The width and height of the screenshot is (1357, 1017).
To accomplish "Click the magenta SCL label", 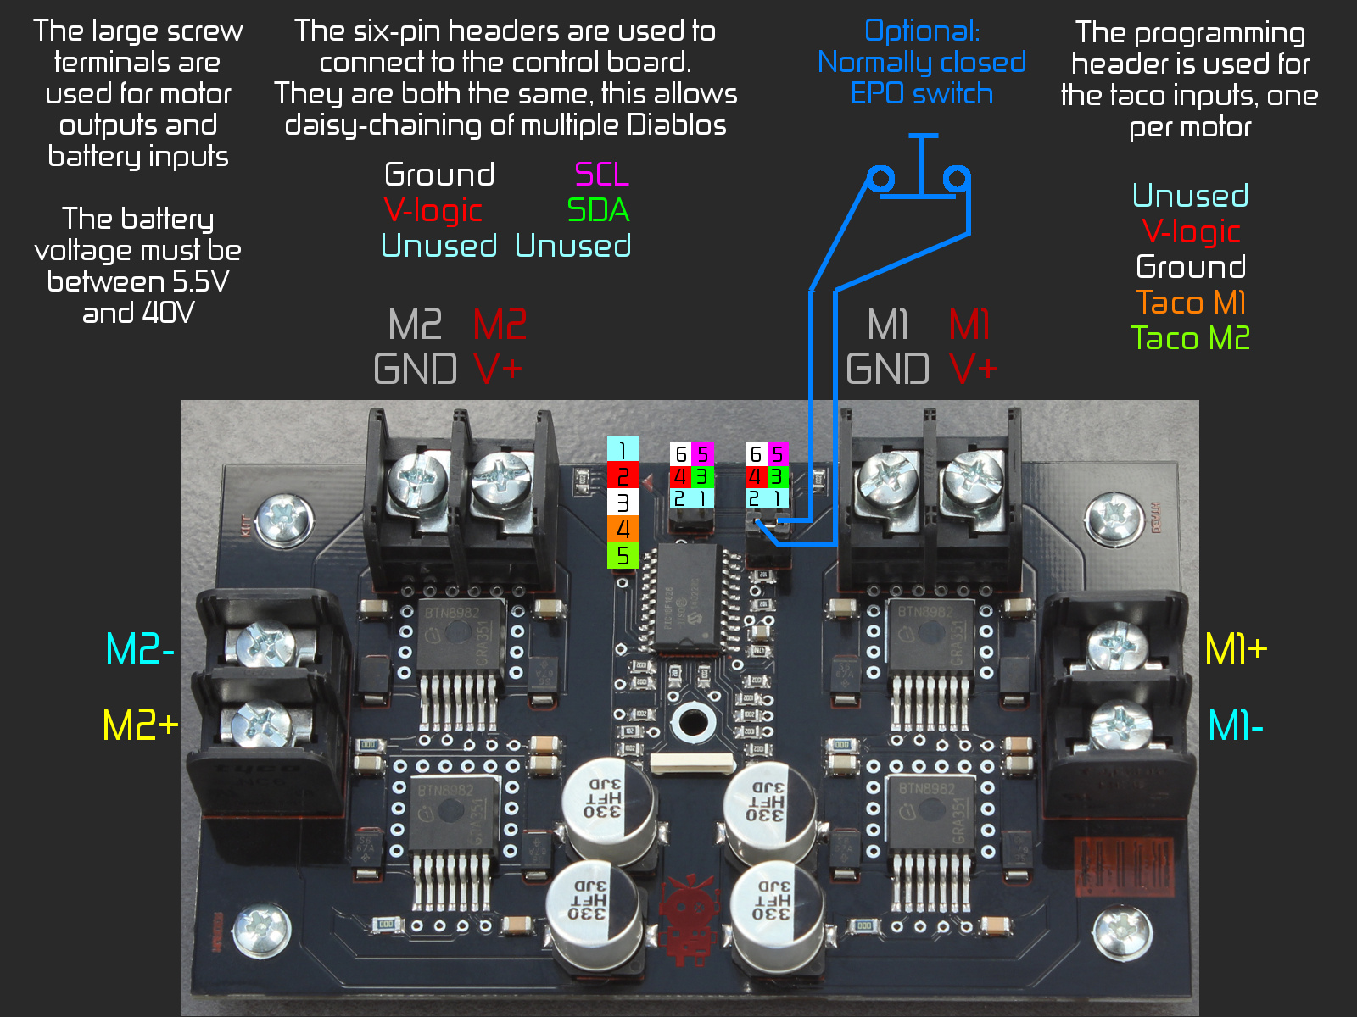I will coord(601,175).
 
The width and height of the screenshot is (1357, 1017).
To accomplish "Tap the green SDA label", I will coord(598,210).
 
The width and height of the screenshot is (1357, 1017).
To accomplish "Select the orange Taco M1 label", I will coord(1190,303).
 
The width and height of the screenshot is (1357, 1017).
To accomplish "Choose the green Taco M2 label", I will coord(1190,338).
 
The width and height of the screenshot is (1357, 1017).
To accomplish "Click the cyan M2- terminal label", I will coord(140,649).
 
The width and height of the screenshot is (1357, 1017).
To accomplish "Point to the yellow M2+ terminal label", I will coord(140,725).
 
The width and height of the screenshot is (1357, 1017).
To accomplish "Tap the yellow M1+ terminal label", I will coord(1236,649).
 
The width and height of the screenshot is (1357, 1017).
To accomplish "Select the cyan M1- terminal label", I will coord(1236,725).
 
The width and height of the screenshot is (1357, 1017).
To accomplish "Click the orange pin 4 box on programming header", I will coord(623,530).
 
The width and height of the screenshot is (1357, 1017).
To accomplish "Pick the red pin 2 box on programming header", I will coord(623,476).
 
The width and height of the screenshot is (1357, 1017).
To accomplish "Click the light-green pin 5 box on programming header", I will coord(623,556).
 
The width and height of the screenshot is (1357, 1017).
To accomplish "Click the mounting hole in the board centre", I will coord(692,723).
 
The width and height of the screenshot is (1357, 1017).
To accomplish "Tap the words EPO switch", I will coord(921,93).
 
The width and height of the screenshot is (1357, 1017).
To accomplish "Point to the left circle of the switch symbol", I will coord(880,179).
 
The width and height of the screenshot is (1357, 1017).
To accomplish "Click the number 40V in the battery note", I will coord(168,313).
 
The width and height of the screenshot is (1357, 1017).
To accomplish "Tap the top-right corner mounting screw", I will coord(1114,516).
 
